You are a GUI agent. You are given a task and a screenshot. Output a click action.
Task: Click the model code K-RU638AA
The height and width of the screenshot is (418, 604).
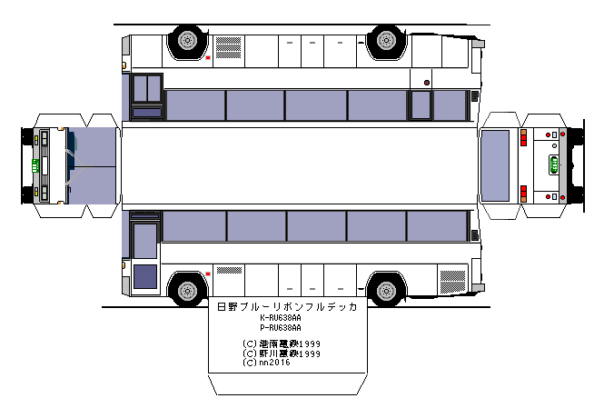281,318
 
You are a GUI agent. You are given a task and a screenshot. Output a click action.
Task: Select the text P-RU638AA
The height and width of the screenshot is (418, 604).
281,327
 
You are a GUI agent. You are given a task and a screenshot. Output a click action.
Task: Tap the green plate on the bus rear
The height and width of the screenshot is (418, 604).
554,165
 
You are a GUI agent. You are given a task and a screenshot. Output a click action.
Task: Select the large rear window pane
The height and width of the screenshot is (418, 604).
495,164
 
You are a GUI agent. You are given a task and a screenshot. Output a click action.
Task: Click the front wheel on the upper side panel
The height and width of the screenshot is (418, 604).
186,40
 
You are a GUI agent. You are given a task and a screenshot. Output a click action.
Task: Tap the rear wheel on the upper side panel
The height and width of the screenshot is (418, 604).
386,40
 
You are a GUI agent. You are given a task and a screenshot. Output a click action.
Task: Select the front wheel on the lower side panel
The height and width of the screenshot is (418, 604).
186,291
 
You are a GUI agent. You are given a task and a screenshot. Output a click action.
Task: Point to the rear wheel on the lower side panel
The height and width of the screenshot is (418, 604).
386,291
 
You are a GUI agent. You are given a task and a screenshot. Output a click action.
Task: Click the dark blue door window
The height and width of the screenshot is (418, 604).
145,276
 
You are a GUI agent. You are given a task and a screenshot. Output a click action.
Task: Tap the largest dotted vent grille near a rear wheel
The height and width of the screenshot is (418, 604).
451,279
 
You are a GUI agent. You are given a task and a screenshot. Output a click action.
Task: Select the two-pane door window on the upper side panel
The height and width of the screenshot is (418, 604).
147,89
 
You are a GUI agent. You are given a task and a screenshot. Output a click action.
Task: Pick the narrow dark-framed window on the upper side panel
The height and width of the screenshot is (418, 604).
421,104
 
